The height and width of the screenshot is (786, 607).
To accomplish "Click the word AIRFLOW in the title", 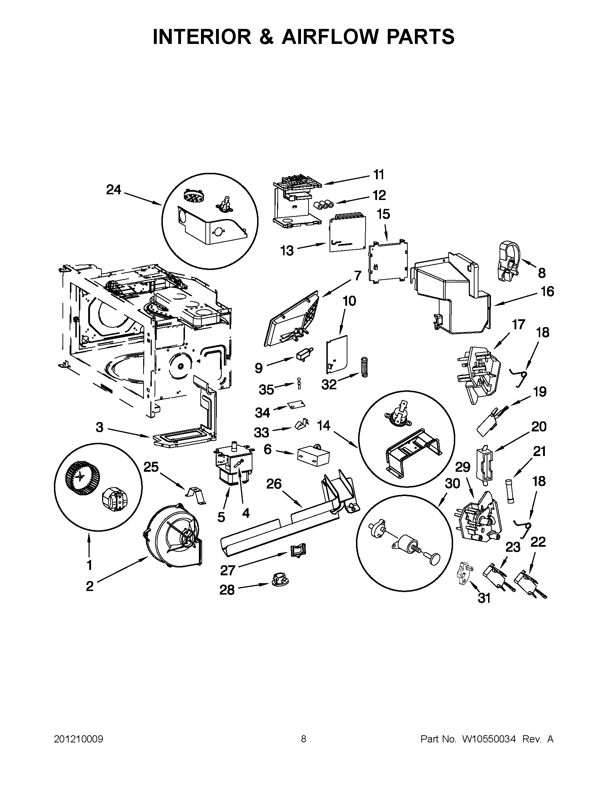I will tap(330, 37).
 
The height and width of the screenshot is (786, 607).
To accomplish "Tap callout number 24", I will tap(114, 190).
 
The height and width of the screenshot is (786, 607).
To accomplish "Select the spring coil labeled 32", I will tap(364, 367).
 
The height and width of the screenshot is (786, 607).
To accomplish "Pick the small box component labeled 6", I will tap(313, 456).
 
